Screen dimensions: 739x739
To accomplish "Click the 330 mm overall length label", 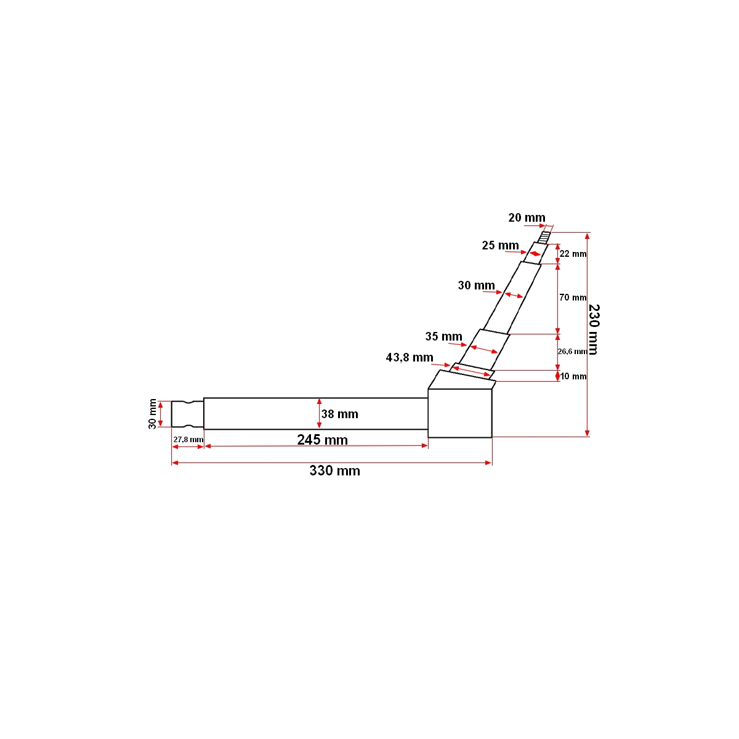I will click(x=334, y=471).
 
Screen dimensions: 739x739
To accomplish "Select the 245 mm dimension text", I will click(x=322, y=440).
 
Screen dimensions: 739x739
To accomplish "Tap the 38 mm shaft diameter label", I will click(x=340, y=414).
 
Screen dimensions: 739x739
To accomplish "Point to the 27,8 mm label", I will click(x=188, y=439).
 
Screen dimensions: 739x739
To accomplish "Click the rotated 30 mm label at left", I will click(x=152, y=414).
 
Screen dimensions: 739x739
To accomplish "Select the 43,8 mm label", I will click(x=410, y=357).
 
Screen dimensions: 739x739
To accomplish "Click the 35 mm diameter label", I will click(x=443, y=337).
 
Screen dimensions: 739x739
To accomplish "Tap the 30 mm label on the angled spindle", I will click(x=476, y=286).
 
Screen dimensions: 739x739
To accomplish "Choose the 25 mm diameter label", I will click(x=500, y=246).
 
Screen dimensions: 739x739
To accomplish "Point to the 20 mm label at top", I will click(x=527, y=217).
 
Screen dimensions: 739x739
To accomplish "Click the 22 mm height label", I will click(x=573, y=254).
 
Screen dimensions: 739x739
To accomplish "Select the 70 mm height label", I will click(x=573, y=297).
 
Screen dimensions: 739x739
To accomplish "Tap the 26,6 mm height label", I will click(x=572, y=352).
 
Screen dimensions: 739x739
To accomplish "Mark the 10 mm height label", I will click(x=573, y=376).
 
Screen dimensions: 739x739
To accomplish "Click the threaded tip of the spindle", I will click(x=545, y=236).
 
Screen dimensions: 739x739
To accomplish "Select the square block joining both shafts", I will click(x=460, y=413).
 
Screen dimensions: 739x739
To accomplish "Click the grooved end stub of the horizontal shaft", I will click(x=187, y=413).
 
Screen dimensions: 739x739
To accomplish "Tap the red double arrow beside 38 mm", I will click(x=319, y=413).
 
